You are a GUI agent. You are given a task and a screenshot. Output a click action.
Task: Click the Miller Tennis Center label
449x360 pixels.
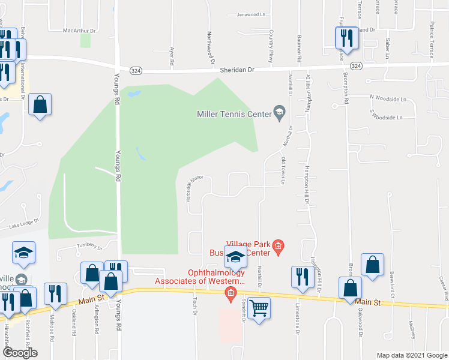pos(234,114)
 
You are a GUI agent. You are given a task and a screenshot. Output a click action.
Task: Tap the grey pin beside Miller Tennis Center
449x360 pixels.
pos(279,112)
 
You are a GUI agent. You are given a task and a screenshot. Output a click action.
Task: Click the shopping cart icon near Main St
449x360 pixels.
pos(259,308)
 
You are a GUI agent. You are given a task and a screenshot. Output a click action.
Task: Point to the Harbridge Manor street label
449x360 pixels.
pos(194,187)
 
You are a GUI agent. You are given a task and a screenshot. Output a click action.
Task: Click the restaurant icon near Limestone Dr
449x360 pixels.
pos(301,277)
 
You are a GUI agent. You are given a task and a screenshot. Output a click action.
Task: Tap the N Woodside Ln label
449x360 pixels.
pos(388,97)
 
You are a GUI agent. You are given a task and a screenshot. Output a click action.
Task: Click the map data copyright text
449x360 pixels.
pos(412,355)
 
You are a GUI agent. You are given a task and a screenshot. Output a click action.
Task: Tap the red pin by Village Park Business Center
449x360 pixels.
pos(278,245)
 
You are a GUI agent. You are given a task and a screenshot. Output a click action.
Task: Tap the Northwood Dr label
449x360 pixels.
pos(211,47)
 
